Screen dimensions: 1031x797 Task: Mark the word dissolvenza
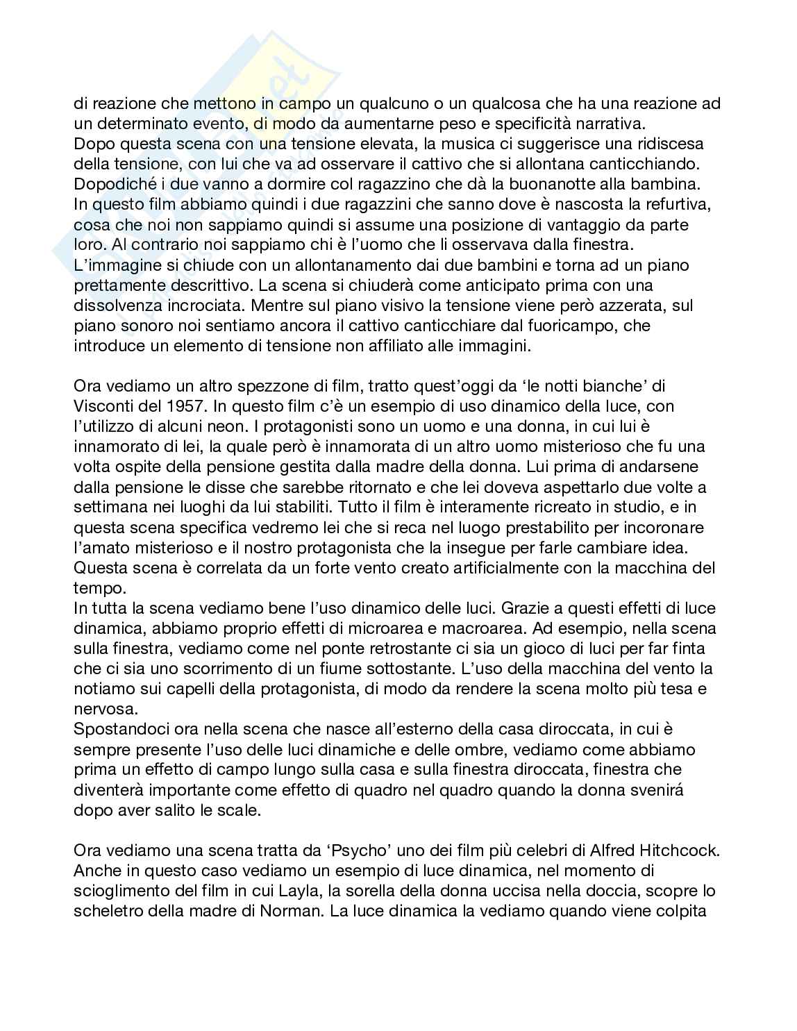coord(114,305)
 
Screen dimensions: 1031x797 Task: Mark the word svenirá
coord(653,790)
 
